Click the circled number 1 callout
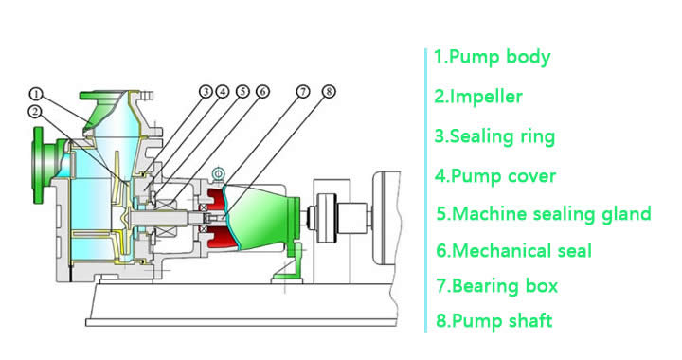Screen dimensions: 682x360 point(37,94)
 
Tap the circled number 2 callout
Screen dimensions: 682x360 point(35,112)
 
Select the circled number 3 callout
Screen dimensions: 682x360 point(206,92)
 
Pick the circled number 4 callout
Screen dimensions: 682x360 point(223,92)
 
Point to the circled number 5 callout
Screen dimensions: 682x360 point(242,92)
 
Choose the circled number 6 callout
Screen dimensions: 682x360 point(262,92)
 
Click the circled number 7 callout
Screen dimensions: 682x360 point(303,92)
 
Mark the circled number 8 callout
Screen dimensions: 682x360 point(329,92)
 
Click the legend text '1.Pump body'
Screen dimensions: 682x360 point(493,58)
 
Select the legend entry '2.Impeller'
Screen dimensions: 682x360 point(478,96)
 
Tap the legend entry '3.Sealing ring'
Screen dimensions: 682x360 point(495,136)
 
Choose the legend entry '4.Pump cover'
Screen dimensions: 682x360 point(495,176)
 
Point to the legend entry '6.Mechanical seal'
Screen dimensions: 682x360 point(514,251)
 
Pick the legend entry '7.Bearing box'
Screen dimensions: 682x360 point(497,286)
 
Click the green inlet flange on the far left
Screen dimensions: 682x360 point(39,165)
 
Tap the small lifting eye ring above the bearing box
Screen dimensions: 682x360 point(218,174)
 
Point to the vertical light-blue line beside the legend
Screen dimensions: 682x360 point(425,190)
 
